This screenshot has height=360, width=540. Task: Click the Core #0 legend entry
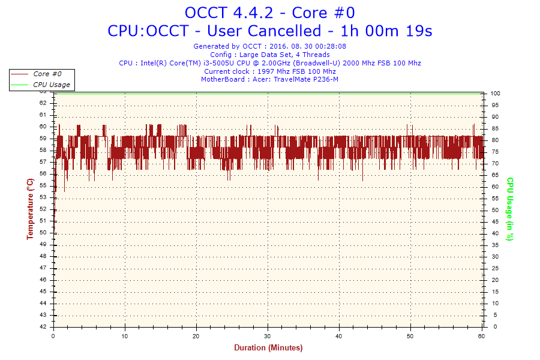(47, 74)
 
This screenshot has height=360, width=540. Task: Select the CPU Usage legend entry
(51, 85)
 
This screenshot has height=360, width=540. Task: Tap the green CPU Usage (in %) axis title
(510, 209)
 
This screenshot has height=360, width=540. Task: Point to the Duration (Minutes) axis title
(268, 348)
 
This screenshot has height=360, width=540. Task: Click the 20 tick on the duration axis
(196, 336)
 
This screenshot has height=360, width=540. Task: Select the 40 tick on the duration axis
(339, 336)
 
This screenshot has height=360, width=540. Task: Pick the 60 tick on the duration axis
(482, 336)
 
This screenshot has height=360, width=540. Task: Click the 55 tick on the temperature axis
(43, 185)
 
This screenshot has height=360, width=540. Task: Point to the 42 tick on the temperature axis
(43, 327)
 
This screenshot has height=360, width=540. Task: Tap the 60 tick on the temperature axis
(43, 127)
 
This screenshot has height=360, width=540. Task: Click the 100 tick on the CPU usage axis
(496, 94)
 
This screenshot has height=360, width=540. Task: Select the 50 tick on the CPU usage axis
(494, 210)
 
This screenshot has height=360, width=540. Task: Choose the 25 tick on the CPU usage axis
(494, 268)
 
